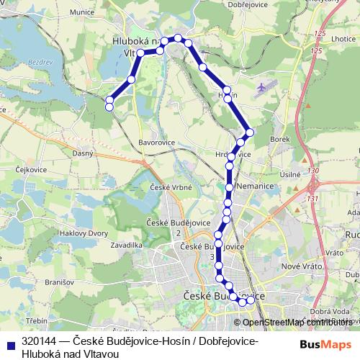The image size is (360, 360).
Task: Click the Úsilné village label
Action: coord(289,174)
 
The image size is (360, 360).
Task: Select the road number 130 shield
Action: coord(312,171)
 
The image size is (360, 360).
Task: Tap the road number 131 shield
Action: coord(312,198)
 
